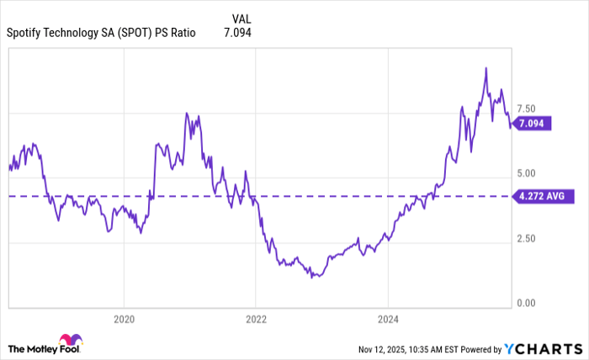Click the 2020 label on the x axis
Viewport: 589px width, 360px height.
pos(124,320)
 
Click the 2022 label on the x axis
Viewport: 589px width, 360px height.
pos(256,320)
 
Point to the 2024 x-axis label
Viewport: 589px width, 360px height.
pos(387,320)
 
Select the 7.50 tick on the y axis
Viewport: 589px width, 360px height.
pos(528,109)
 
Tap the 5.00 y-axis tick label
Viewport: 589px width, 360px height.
pos(528,173)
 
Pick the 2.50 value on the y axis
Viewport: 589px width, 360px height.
pos(528,238)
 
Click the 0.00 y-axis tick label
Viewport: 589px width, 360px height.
pos(528,303)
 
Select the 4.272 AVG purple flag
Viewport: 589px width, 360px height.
pos(544,197)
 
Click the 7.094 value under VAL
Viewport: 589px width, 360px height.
pos(237,33)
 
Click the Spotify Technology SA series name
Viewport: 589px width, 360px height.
pos(101,33)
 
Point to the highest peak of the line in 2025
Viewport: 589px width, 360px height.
pos(486,68)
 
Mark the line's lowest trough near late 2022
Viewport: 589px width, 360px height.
pos(312,277)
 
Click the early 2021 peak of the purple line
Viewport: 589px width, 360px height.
pos(187,114)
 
